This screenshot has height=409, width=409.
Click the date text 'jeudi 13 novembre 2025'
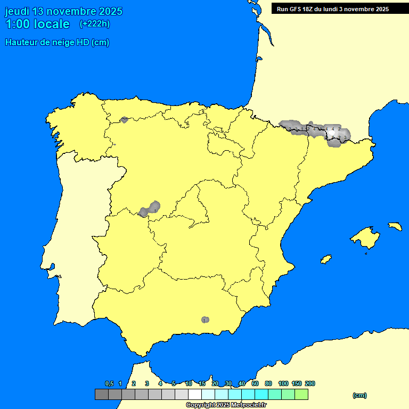(x=63, y=11)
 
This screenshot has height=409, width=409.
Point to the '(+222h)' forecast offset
(x=94, y=24)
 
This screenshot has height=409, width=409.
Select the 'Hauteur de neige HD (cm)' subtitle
(x=57, y=43)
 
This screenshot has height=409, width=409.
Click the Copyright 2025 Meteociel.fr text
(x=226, y=405)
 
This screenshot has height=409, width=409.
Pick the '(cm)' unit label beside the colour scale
(x=359, y=395)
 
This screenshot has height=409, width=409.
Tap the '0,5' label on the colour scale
(x=109, y=383)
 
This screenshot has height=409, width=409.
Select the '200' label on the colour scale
(x=310, y=383)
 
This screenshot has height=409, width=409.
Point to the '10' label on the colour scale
(x=189, y=383)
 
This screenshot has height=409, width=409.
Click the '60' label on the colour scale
(x=255, y=383)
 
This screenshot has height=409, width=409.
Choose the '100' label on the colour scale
(x=283, y=383)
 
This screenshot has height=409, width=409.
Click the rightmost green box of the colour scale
(x=301, y=394)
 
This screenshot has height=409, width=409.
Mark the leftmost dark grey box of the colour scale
(x=101, y=394)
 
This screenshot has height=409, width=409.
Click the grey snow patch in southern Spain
(x=205, y=320)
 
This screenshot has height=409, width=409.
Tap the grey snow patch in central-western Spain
(x=150, y=209)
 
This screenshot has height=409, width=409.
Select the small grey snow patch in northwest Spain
(x=125, y=120)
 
